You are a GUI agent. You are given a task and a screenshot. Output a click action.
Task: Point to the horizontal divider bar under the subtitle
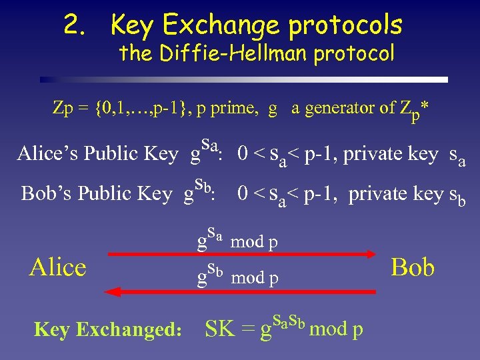(243, 79)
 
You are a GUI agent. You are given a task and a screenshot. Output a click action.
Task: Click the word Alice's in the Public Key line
(44, 153)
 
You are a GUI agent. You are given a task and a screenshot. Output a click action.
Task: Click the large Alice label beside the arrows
(58, 267)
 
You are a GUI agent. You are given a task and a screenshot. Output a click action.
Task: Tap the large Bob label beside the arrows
(413, 267)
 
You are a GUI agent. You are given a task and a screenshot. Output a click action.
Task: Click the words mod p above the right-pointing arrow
(254, 241)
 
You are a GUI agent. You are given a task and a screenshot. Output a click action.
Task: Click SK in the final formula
(222, 329)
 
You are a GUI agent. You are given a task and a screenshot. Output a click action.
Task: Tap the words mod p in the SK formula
(337, 329)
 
